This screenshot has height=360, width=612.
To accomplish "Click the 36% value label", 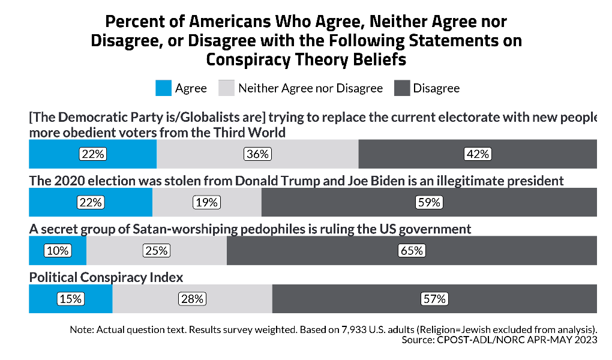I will pyautogui.click(x=257, y=154).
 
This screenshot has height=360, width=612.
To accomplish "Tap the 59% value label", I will pyautogui.click(x=429, y=202).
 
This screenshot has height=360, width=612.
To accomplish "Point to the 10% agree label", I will pyautogui.click(x=58, y=250).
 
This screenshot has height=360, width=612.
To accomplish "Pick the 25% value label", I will pyautogui.click(x=155, y=250).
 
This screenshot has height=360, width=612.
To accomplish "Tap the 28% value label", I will pyautogui.click(x=192, y=298).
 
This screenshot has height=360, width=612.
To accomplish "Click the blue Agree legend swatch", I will pyautogui.click(x=163, y=88).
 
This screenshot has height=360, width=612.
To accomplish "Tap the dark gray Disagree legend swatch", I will pyautogui.click(x=403, y=88).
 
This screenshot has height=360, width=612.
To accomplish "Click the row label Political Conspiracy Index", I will pyautogui.click(x=106, y=277).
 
